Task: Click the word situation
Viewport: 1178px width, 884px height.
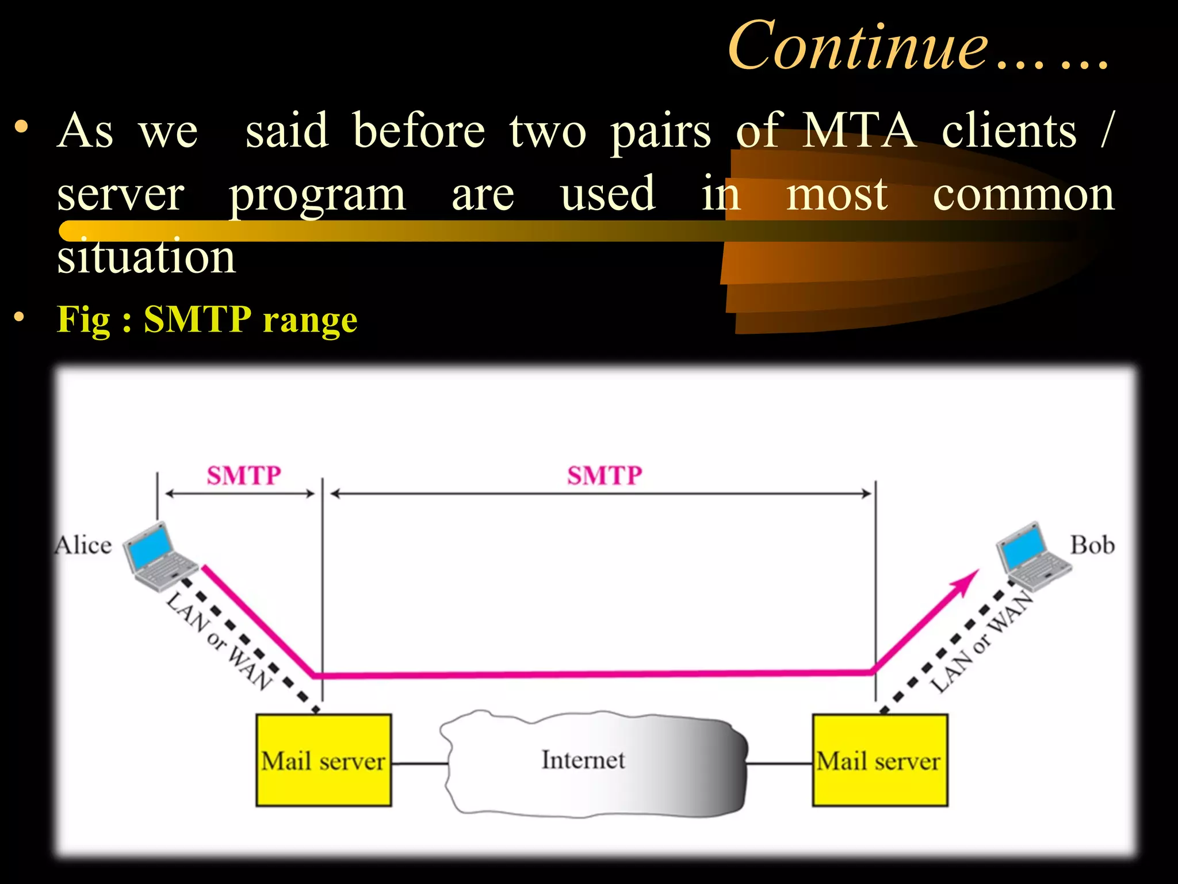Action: click(146, 257)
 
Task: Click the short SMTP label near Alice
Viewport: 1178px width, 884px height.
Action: click(244, 475)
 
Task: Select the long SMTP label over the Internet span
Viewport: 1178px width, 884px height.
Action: click(605, 475)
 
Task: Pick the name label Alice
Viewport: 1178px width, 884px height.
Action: click(83, 545)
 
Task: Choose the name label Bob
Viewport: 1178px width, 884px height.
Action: click(1092, 545)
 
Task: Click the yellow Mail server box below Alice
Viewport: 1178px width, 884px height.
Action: click(323, 760)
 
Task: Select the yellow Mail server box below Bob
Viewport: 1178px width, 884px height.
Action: click(879, 760)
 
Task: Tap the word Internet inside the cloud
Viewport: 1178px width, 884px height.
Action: click(583, 760)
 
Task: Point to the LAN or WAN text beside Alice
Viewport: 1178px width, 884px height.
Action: click(219, 641)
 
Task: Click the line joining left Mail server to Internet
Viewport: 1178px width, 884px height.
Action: click(419, 764)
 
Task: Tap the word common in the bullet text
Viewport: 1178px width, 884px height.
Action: click(1023, 195)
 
